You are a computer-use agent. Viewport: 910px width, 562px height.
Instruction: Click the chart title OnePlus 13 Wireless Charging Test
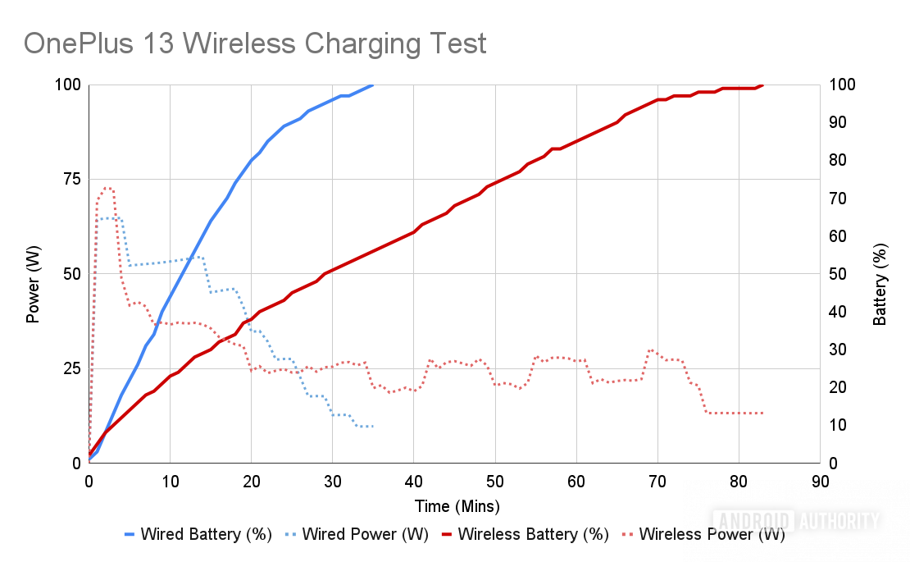click(x=255, y=43)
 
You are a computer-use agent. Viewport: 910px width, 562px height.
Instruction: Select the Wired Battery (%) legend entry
click(x=206, y=535)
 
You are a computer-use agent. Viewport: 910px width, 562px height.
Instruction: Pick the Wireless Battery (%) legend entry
click(x=533, y=535)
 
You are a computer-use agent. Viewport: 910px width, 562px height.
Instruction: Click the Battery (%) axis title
click(x=880, y=284)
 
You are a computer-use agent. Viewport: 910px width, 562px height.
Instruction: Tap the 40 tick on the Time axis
click(x=414, y=482)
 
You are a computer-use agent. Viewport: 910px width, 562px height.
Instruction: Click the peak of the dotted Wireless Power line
click(x=107, y=188)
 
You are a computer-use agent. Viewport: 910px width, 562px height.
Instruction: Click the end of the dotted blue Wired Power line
click(x=373, y=426)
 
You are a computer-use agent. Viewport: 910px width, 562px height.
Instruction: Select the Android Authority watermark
click(x=796, y=520)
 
